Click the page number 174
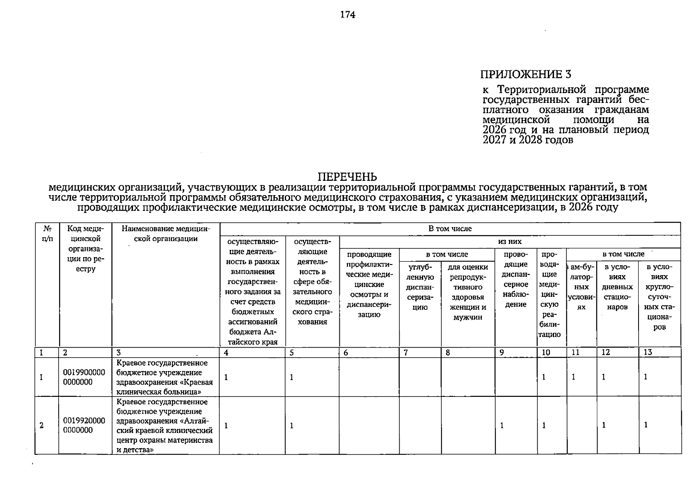pyautogui.click(x=348, y=15)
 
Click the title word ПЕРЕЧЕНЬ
pyautogui.click(x=347, y=177)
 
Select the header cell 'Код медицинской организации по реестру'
pyautogui.click(x=85, y=249)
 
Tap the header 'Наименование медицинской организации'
pyautogui.click(x=166, y=234)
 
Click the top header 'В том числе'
pyautogui.click(x=450, y=229)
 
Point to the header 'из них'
pyautogui.click(x=510, y=242)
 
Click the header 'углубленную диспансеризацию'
pyautogui.click(x=420, y=287)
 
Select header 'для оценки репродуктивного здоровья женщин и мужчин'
pyautogui.click(x=468, y=292)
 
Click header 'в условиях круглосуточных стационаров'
pyautogui.click(x=659, y=297)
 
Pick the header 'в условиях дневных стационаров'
pyautogui.click(x=617, y=287)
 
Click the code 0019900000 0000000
pyautogui.click(x=84, y=377)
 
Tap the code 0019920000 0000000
pyautogui.click(x=84, y=426)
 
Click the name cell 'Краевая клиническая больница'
pyautogui.click(x=165, y=377)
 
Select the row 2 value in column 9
pyautogui.click(x=502, y=426)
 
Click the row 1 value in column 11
pyautogui.click(x=574, y=377)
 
